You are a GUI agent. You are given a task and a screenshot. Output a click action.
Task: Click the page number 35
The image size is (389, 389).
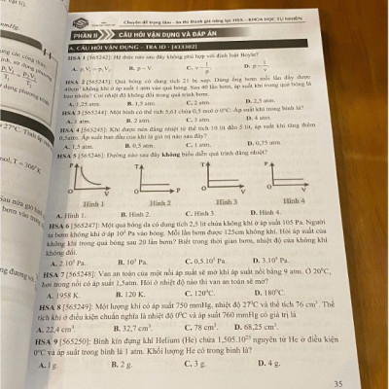point(365,383)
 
